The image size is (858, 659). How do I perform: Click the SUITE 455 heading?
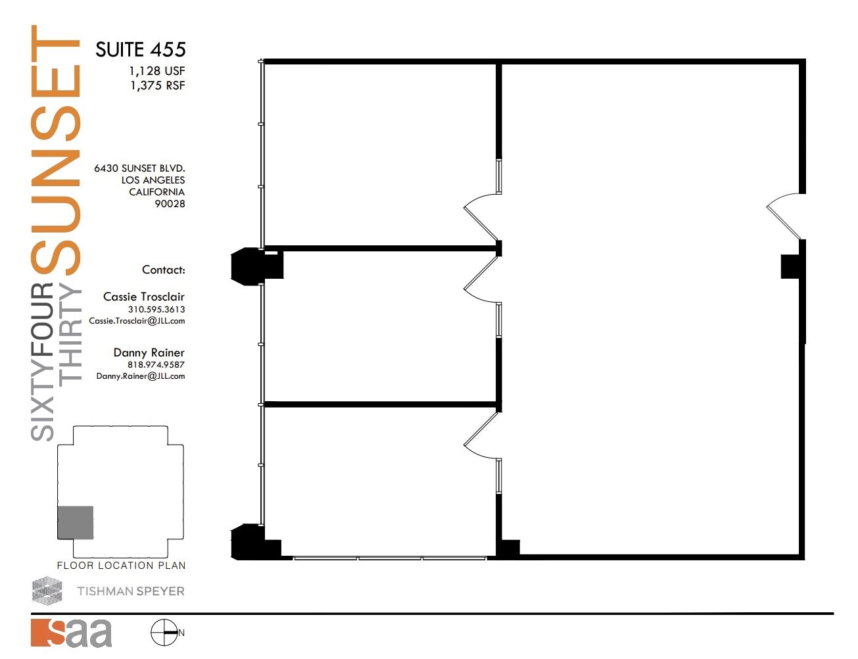(x=140, y=50)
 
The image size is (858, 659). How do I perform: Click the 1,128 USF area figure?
(x=157, y=71)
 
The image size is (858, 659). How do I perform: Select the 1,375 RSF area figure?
(x=157, y=85)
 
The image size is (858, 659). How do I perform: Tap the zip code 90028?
(x=170, y=204)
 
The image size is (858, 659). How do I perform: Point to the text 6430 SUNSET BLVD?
(x=139, y=168)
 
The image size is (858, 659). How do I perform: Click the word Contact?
(x=163, y=270)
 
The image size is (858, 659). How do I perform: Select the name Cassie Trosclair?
(x=143, y=297)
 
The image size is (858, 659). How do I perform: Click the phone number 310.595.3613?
(x=156, y=310)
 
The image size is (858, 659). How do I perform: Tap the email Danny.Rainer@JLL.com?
(x=140, y=376)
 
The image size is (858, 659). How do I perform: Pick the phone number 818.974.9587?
(x=156, y=365)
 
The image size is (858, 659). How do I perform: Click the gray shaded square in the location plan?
(x=75, y=523)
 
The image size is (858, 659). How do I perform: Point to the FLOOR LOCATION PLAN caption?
(x=121, y=566)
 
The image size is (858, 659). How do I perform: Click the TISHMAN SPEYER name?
(x=130, y=591)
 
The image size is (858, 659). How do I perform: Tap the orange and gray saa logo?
(x=71, y=633)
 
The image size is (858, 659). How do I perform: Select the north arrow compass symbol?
(x=164, y=633)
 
